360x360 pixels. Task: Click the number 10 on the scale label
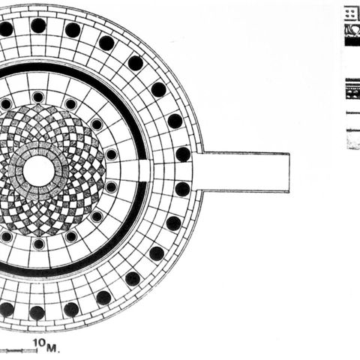(x=39, y=343)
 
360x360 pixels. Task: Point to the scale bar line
(x=19, y=351)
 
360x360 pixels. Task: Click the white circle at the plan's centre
(x=39, y=170)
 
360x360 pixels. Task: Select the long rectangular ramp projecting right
(x=241, y=172)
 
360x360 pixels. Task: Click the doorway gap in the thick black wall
(x=145, y=170)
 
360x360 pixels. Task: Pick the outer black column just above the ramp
(x=183, y=154)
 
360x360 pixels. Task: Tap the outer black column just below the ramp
(x=182, y=189)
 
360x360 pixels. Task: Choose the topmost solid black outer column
(x=38, y=25)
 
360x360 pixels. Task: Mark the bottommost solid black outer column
(x=37, y=313)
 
